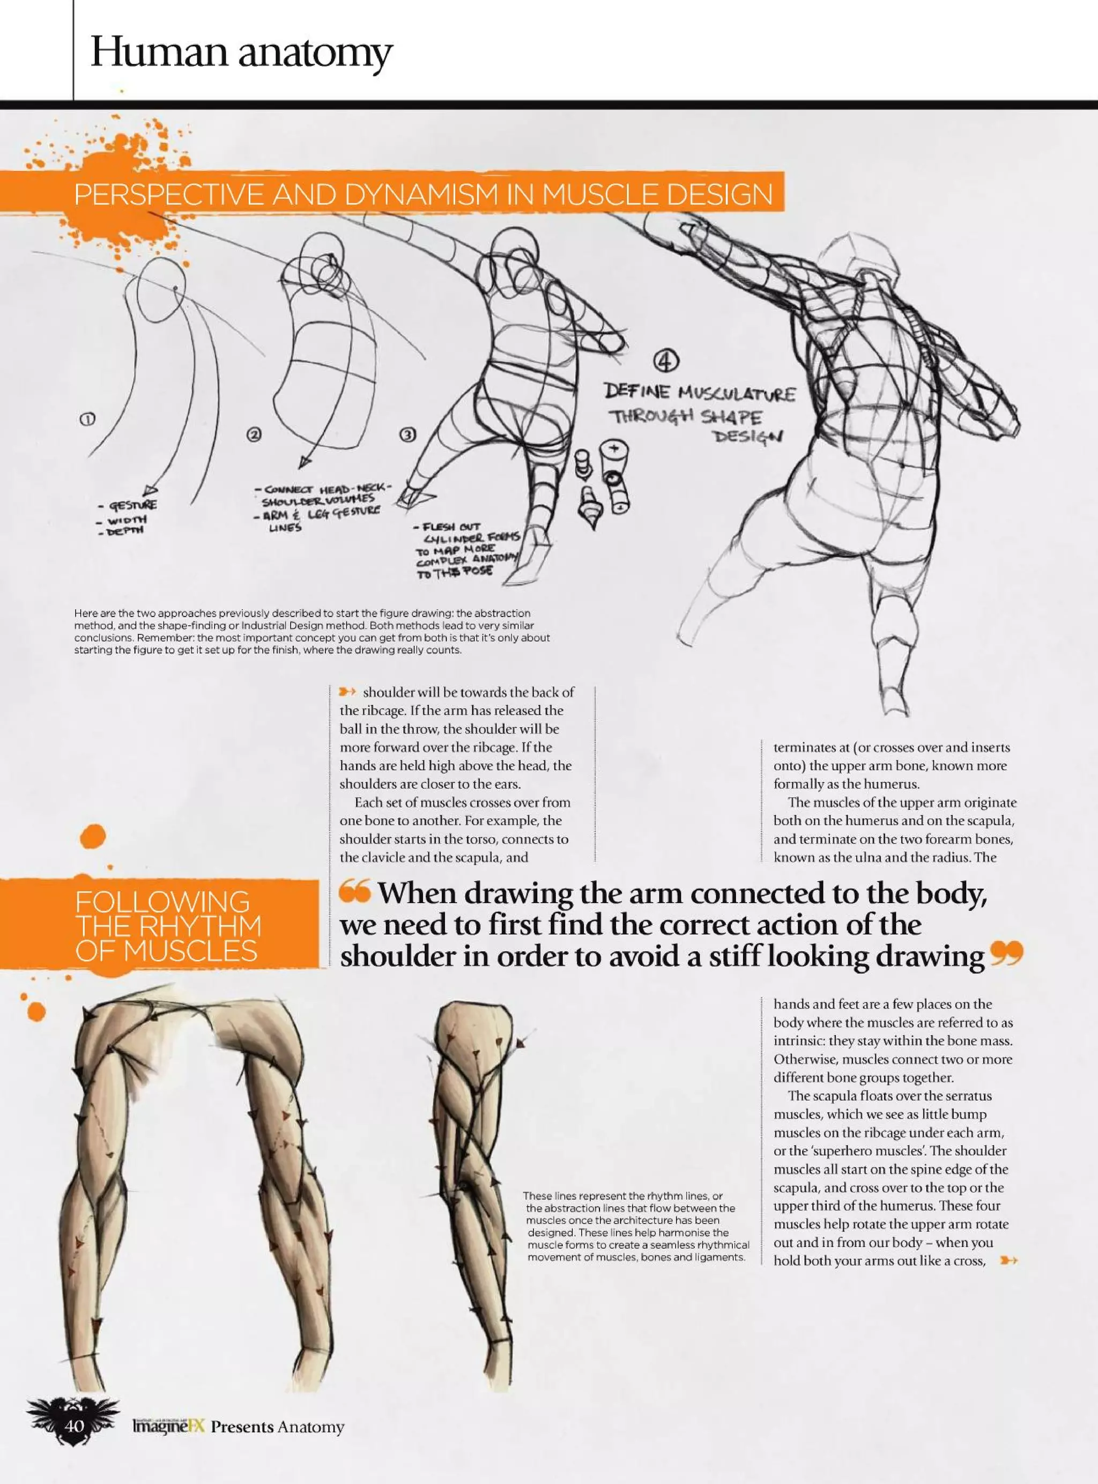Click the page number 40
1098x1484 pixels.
(x=75, y=1426)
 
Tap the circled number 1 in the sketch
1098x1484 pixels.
(x=87, y=419)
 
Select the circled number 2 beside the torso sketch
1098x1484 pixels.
(x=255, y=435)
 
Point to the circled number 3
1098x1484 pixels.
(x=407, y=435)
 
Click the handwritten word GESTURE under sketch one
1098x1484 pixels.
(x=133, y=505)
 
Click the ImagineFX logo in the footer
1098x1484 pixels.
(x=169, y=1426)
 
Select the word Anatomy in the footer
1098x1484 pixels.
(x=310, y=1427)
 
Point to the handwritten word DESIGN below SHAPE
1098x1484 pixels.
(x=748, y=436)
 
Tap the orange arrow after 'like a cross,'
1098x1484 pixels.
(x=1008, y=1260)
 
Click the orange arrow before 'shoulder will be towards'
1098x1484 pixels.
(x=348, y=692)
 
